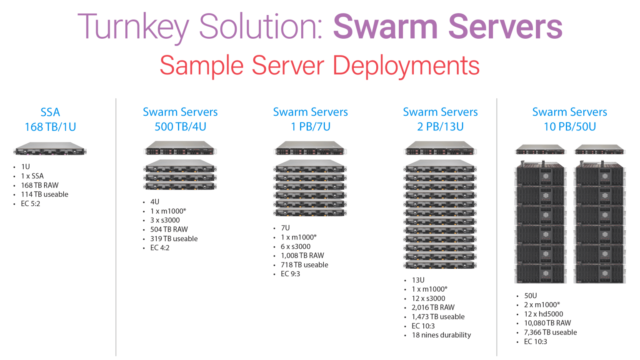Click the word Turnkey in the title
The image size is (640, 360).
[133, 27]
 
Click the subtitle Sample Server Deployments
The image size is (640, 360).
[320, 66]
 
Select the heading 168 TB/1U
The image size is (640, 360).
[50, 127]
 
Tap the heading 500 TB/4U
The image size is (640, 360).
[180, 127]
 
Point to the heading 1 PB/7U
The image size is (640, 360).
[310, 127]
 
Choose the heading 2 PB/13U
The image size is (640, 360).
[440, 127]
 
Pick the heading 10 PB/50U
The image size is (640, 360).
[570, 127]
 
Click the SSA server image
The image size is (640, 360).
[50, 149]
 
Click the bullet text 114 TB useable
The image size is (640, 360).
[45, 195]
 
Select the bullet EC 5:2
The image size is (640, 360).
[30, 204]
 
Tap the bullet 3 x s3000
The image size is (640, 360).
[165, 220]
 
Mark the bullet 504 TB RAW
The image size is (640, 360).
[169, 230]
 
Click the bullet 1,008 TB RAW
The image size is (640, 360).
[302, 256]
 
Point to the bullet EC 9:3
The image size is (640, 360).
[290, 274]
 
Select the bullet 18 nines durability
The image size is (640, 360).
[441, 335]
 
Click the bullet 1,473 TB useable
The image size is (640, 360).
[438, 317]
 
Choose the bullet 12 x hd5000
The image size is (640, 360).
[543, 314]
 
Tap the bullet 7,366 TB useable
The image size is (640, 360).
[550, 332]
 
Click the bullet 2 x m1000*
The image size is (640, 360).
[542, 305]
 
